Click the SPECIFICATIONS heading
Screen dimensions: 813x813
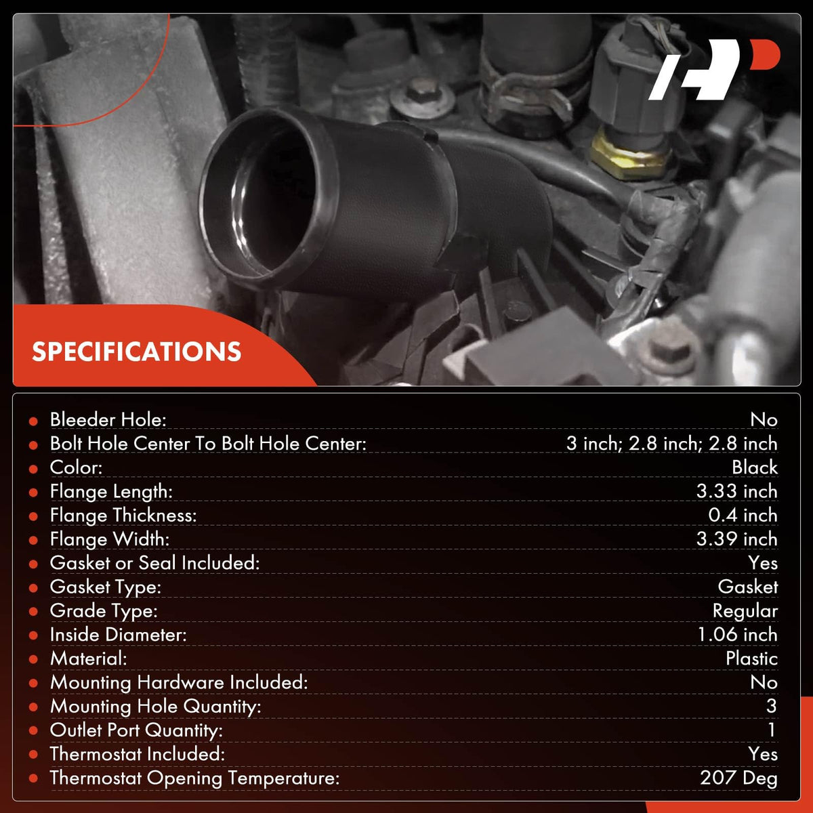(x=136, y=352)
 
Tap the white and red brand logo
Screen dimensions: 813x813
(x=714, y=70)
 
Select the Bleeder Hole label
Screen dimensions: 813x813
(x=108, y=419)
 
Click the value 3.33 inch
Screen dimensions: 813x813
(x=736, y=491)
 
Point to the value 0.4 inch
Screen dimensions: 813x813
(x=743, y=515)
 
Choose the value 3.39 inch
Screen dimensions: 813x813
(x=736, y=539)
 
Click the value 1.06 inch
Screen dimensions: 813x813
(x=738, y=635)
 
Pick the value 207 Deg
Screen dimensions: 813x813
(x=738, y=778)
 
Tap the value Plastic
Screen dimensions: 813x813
(x=751, y=658)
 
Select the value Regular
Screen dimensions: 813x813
(x=745, y=611)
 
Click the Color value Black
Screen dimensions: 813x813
(x=755, y=467)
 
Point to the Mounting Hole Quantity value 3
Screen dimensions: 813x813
(x=772, y=706)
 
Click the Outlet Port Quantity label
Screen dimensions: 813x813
(x=136, y=730)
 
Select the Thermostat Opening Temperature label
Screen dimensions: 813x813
(x=194, y=778)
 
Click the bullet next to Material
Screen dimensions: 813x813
(x=33, y=660)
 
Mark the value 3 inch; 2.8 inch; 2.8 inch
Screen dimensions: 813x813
(x=671, y=443)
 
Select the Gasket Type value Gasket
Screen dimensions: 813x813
(x=747, y=587)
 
